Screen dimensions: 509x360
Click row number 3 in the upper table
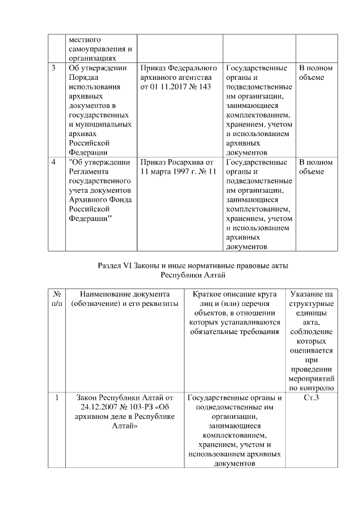click(53, 68)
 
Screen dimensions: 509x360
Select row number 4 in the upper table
click(53, 163)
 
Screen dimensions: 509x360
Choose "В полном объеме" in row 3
click(316, 73)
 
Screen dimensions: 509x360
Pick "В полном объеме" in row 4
click(316, 167)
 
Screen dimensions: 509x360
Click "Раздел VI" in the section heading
click(116, 264)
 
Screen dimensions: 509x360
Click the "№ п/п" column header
click(56, 299)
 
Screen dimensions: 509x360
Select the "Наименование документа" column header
click(125, 294)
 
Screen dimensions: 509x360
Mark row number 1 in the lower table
click(57, 398)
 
